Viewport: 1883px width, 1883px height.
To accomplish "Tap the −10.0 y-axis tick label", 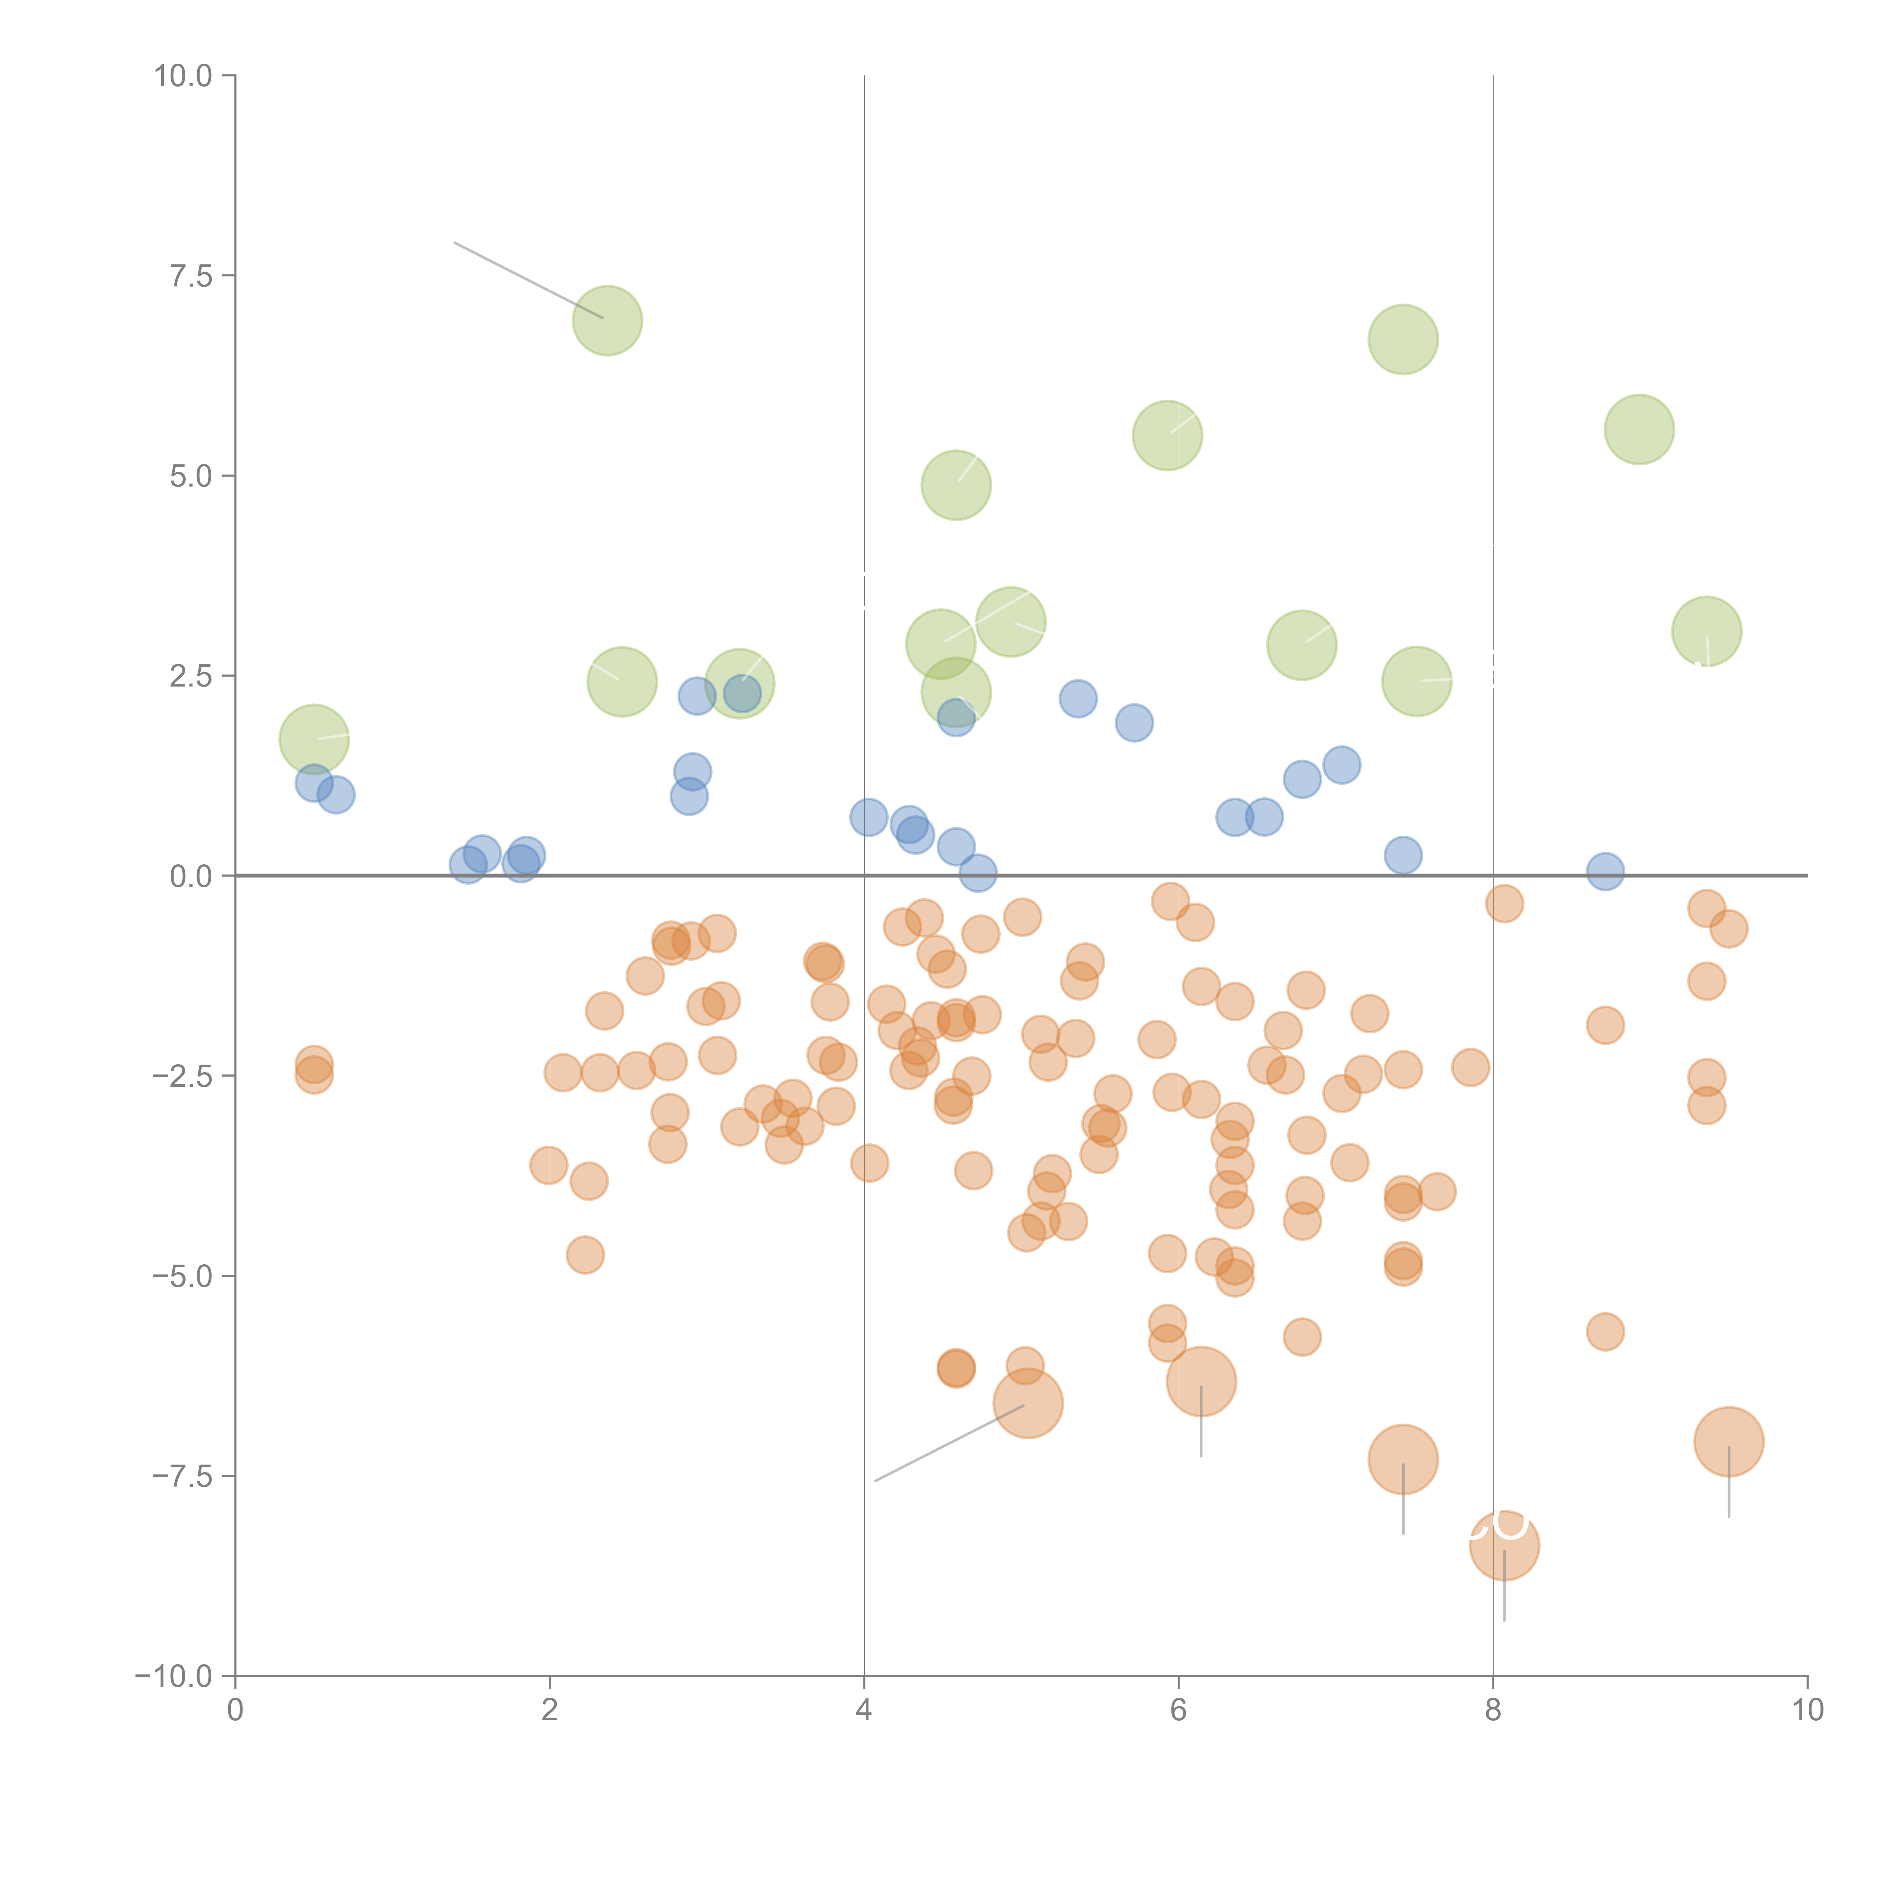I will click(x=174, y=1676).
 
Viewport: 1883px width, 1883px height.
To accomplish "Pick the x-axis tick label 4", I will click(x=864, y=1711).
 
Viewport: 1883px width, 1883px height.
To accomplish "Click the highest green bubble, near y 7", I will click(x=607, y=320).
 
